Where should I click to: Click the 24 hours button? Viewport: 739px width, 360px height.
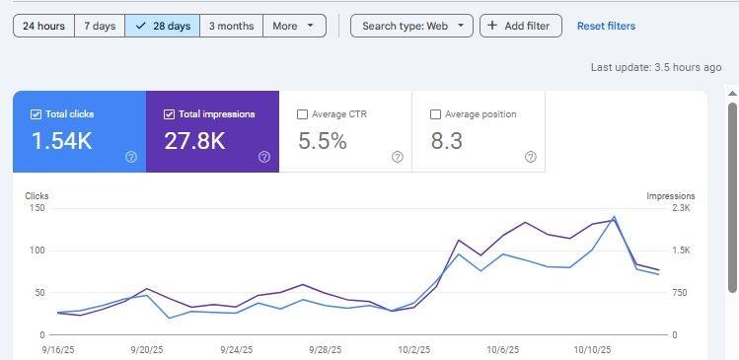43,26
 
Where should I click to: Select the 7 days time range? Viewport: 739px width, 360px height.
100,26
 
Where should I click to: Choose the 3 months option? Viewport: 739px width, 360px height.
232,26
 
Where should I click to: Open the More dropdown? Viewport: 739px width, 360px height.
294,26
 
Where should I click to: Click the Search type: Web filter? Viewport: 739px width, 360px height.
411,26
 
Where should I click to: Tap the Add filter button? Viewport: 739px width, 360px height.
521,26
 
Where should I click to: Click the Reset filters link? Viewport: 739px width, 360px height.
606,26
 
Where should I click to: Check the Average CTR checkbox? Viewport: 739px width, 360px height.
303,114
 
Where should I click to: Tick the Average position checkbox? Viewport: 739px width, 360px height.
435,114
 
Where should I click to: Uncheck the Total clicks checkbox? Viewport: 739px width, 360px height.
36,114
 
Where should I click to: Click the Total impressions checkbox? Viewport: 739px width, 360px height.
169,114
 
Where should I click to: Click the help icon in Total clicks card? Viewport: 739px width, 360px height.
131,158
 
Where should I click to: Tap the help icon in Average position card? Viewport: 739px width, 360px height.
531,158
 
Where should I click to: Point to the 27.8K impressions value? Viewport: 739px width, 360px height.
194,141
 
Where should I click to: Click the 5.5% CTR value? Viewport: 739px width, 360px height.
323,141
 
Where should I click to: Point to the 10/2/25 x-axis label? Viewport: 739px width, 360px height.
414,349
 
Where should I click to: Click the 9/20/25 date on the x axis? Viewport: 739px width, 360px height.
148,349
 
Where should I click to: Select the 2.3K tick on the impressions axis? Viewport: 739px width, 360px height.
681,208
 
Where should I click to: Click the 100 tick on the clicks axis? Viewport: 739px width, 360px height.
36,251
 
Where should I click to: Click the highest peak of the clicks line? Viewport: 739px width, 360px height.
614,217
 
